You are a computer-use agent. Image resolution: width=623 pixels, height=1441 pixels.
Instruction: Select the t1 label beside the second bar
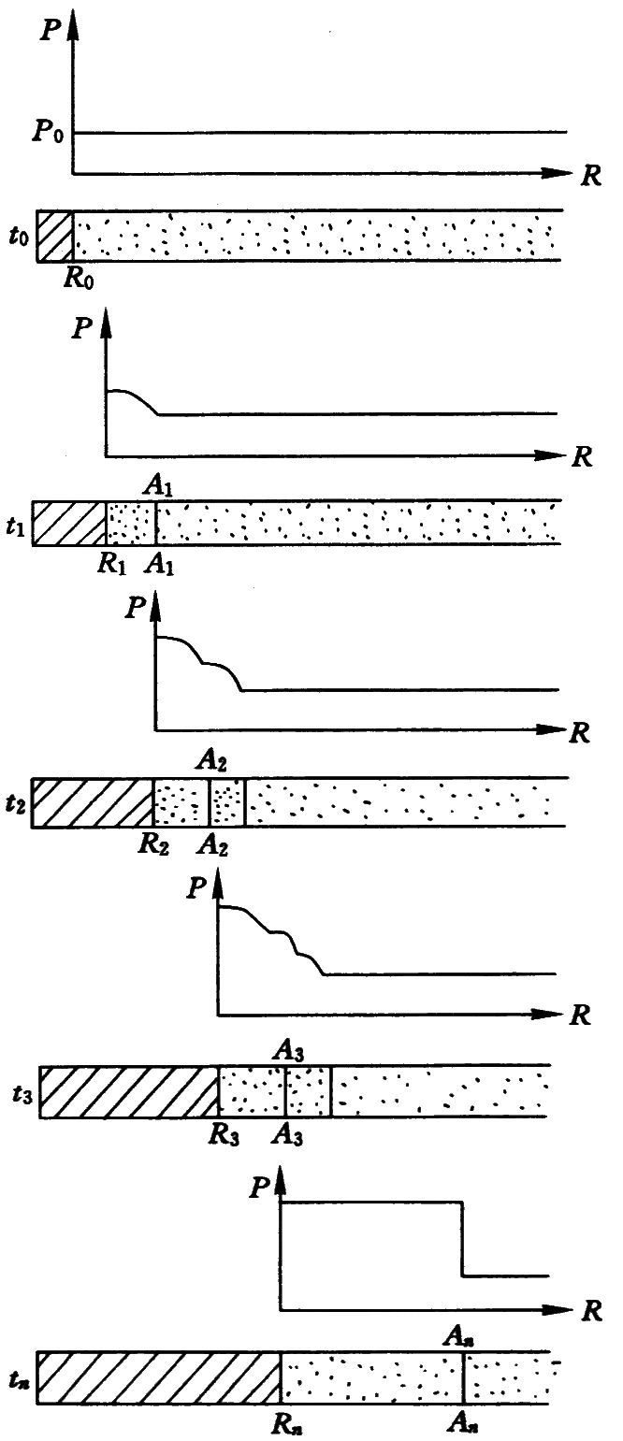point(16,526)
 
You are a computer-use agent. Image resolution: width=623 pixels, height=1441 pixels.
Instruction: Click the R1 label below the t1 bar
point(114,564)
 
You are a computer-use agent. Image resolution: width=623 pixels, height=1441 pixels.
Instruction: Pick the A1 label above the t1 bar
point(156,483)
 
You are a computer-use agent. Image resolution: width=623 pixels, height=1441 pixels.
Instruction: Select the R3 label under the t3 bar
point(222,1134)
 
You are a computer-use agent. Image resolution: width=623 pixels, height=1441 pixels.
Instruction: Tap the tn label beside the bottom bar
point(20,1378)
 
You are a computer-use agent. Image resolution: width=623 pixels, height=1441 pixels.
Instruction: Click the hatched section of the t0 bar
point(54,235)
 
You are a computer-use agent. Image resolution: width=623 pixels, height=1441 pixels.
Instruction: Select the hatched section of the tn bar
point(159,1378)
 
